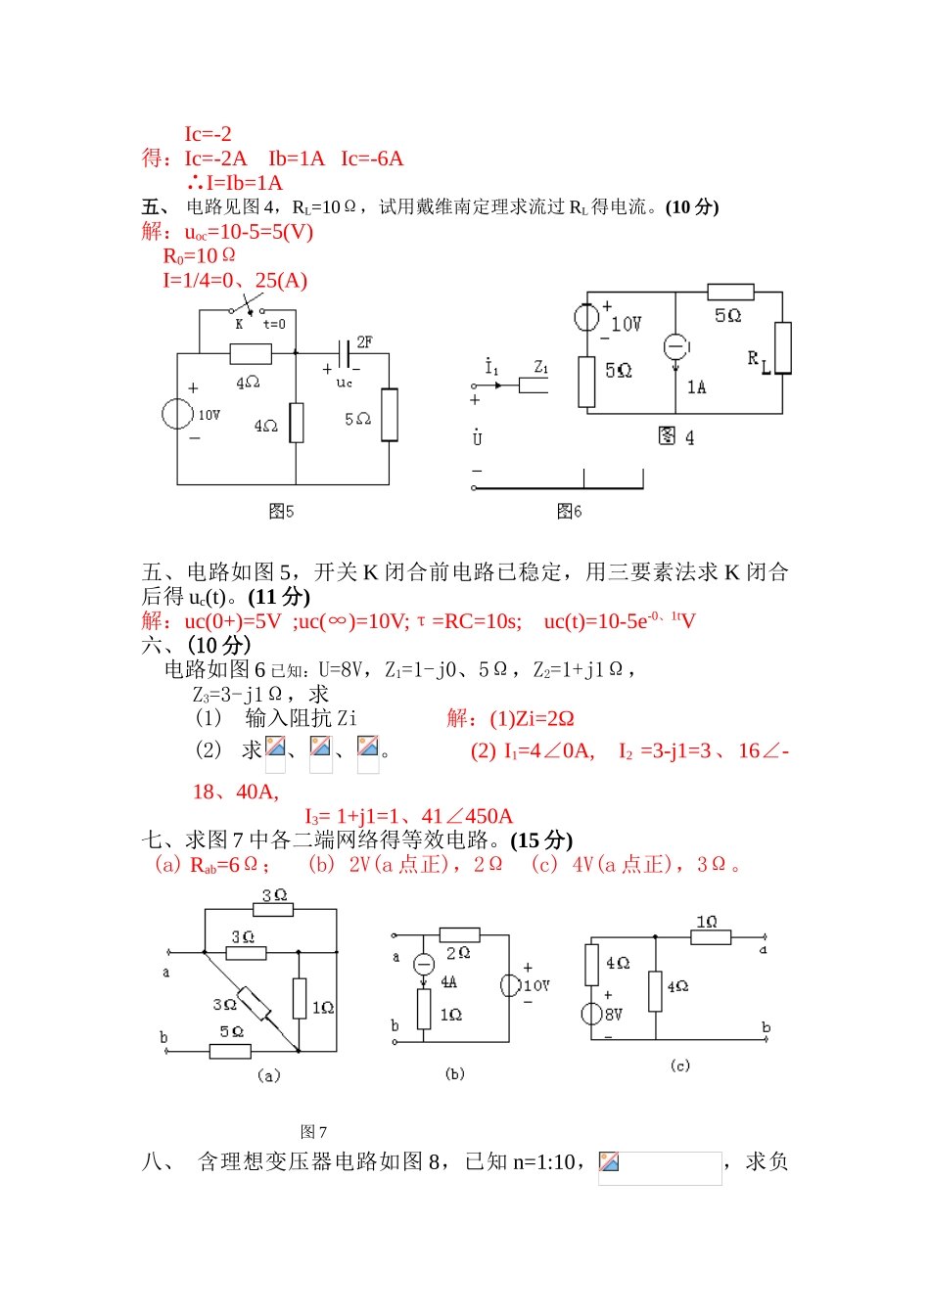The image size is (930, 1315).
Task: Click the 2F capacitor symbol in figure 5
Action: click(x=345, y=353)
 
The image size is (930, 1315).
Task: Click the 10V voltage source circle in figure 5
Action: click(x=177, y=414)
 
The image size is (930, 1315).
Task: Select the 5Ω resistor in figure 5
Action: click(x=390, y=415)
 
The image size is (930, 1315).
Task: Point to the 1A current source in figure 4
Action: click(x=675, y=347)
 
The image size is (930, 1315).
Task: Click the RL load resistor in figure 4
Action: click(x=782, y=347)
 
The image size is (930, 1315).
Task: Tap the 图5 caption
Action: click(x=281, y=511)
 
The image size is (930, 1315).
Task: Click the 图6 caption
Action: click(x=569, y=511)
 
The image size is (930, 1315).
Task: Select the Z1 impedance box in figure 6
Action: click(x=534, y=385)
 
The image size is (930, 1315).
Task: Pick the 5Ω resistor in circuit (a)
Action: click(x=231, y=1052)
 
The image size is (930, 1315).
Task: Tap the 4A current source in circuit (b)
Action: click(x=424, y=965)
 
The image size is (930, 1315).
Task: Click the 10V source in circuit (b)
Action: click(x=509, y=985)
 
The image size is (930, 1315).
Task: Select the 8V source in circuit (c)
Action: click(x=591, y=1014)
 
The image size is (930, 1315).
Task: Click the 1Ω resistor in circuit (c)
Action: click(x=710, y=937)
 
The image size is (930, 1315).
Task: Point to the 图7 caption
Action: click(x=313, y=1132)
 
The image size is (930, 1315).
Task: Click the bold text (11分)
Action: click(x=279, y=597)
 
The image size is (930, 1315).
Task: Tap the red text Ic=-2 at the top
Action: click(x=208, y=134)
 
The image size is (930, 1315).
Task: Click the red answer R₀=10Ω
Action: click(x=199, y=256)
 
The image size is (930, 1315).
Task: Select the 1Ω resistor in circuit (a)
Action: click(x=300, y=998)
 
